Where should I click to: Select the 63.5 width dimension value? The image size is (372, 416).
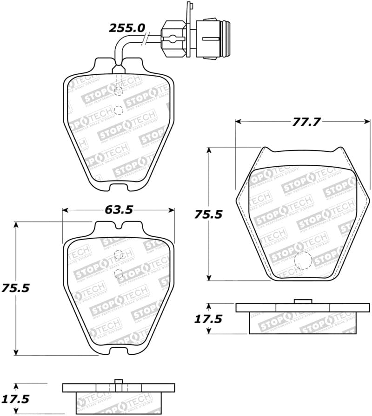119,210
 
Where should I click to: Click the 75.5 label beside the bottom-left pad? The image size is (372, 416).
15,288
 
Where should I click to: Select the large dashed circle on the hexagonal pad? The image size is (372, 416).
303,260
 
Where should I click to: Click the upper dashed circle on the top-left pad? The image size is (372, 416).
119,91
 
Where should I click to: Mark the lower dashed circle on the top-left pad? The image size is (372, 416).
118,110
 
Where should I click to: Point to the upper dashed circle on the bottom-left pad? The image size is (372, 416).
119,254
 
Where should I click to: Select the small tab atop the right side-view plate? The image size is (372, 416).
303,301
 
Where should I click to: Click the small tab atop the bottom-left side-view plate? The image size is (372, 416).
119,382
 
